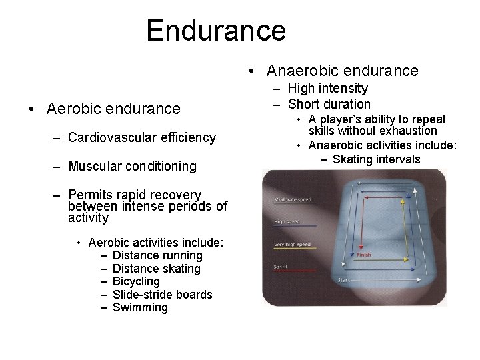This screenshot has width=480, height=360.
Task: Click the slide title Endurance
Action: tap(216, 31)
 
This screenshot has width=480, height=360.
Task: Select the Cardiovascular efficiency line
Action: tap(142, 137)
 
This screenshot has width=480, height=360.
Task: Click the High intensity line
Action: tap(329, 88)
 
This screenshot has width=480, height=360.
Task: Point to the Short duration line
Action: tap(329, 103)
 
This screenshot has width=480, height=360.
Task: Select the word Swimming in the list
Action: tap(140, 307)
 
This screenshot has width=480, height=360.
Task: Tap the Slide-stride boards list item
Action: tap(163, 295)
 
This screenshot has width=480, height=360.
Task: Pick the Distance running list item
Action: tap(157, 256)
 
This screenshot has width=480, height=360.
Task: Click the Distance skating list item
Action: tap(157, 269)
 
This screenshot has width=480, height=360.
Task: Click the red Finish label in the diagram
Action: tap(364, 255)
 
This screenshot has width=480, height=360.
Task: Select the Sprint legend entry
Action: tap(280, 267)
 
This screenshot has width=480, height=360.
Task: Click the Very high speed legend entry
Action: tap(291, 244)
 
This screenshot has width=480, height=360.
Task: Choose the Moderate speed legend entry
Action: tap(292, 199)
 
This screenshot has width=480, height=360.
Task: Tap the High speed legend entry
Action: tap(287, 222)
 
